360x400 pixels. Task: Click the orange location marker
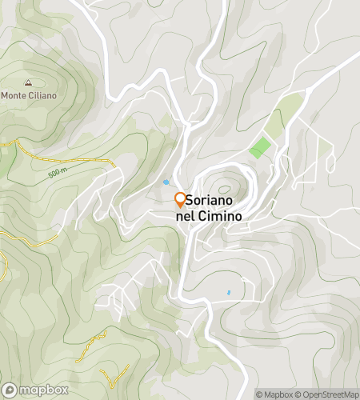[180, 200]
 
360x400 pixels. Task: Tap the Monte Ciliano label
[28, 96]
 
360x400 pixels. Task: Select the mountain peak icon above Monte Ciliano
[29, 82]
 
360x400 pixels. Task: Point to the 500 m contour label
[57, 172]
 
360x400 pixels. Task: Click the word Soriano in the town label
[214, 201]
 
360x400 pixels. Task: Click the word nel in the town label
[185, 215]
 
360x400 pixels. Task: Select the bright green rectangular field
[260, 147]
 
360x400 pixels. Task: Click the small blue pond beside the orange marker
[166, 182]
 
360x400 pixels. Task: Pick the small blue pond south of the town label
[228, 293]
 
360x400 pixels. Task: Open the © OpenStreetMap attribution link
[329, 394]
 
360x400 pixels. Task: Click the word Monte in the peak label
[14, 96]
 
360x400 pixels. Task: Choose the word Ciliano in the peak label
[42, 96]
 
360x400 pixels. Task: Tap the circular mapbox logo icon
[8, 390]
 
